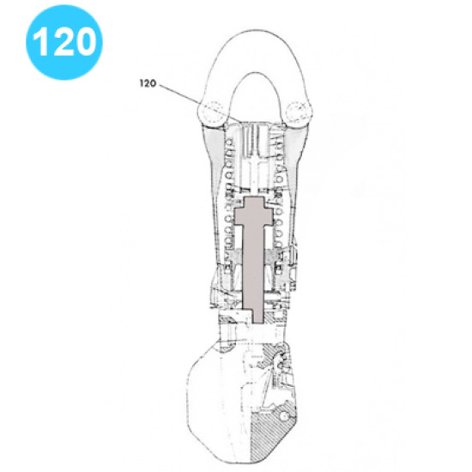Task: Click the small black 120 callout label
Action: [148, 82]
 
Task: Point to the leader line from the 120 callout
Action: [185, 100]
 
